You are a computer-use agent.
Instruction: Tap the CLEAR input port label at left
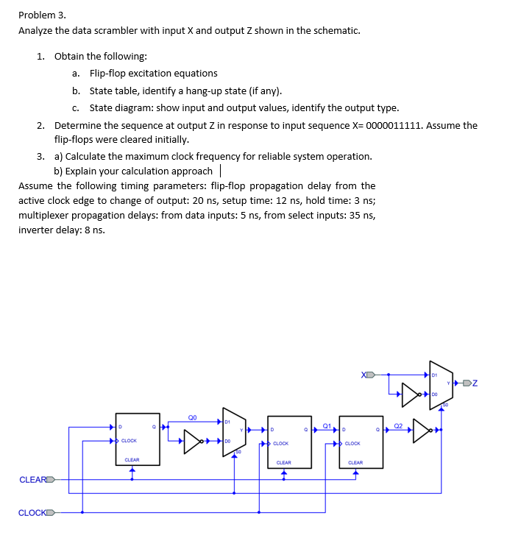pyautogui.click(x=33, y=480)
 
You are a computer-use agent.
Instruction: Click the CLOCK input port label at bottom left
pyautogui.click(x=33, y=512)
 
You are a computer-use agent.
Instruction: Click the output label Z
pyautogui.click(x=475, y=383)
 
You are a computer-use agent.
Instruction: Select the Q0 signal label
pyautogui.click(x=193, y=416)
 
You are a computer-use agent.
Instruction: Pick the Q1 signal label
pyautogui.click(x=326, y=425)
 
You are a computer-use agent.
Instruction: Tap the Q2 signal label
pyautogui.click(x=397, y=425)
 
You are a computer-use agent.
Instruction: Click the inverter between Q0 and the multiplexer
pyautogui.click(x=194, y=442)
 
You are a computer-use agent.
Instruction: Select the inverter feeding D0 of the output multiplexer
pyautogui.click(x=410, y=394)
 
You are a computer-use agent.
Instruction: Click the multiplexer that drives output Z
pyautogui.click(x=440, y=383)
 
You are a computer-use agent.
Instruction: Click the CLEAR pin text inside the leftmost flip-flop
pyautogui.click(x=132, y=460)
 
